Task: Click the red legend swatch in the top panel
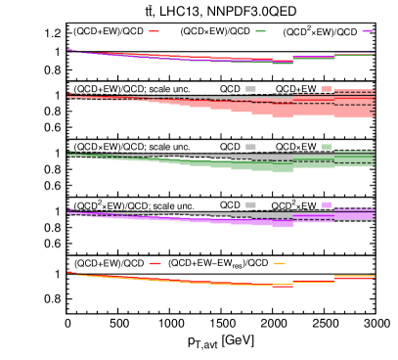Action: (x=154, y=31)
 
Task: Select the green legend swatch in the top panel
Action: (x=260, y=31)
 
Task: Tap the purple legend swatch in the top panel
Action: (x=367, y=31)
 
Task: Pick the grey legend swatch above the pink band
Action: (x=250, y=89)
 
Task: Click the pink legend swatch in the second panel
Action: (x=327, y=89)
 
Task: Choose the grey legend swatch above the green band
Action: (x=250, y=147)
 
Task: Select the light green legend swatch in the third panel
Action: (x=327, y=147)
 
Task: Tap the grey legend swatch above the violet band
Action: (x=250, y=204)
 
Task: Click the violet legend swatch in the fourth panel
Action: (x=327, y=204)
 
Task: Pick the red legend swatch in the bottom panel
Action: (x=155, y=263)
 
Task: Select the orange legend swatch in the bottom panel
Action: (x=280, y=263)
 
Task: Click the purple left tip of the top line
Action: (x=69, y=50)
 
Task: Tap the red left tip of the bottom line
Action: (x=69, y=273)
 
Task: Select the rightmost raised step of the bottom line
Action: (x=354, y=277)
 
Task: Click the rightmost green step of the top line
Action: (x=354, y=55)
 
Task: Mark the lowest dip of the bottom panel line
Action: (x=283, y=285)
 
